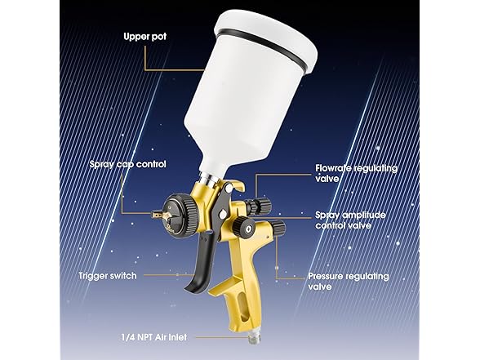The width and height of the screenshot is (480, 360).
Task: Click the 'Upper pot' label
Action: click(x=145, y=37)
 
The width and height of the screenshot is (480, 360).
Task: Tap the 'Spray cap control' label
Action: click(x=128, y=164)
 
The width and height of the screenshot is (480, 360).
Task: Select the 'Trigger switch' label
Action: click(x=108, y=276)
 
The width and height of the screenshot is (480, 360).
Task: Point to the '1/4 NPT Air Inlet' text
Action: click(x=154, y=337)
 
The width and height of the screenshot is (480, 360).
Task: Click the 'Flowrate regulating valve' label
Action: click(x=356, y=173)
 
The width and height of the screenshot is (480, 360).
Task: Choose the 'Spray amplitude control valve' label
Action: click(x=350, y=220)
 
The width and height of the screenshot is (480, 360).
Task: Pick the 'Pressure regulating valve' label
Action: click(x=349, y=282)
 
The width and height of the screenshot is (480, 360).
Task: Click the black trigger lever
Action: click(x=202, y=263)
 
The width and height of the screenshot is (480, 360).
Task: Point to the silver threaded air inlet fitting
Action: click(x=254, y=339)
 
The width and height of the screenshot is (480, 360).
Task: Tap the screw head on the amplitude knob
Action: click(x=250, y=228)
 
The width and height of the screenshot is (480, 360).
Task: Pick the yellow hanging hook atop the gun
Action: click(x=235, y=185)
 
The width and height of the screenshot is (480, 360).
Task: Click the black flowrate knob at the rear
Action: click(x=260, y=206)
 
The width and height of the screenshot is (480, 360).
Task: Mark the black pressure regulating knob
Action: click(x=278, y=227)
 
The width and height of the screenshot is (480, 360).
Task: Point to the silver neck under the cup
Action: click(x=208, y=178)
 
